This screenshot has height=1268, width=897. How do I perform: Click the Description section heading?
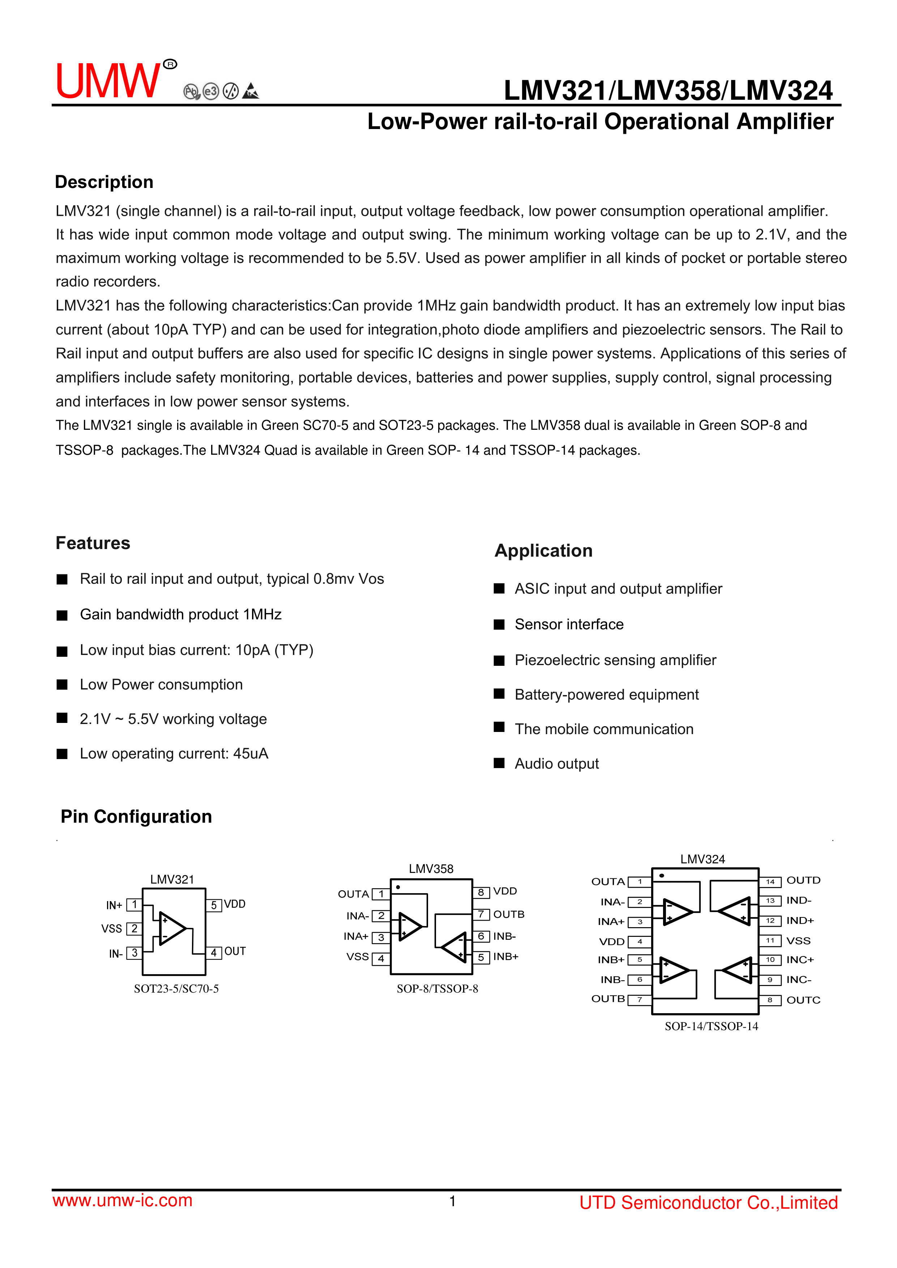click(x=104, y=182)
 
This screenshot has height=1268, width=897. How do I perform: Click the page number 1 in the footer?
click(x=452, y=1201)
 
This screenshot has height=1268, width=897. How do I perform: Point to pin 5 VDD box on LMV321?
click(x=214, y=905)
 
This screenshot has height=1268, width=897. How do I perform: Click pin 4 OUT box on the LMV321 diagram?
click(x=214, y=952)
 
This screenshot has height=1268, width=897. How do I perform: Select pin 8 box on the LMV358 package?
click(x=481, y=892)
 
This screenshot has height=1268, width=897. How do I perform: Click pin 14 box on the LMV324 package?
click(x=770, y=881)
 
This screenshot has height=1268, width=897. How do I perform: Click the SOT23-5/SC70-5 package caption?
click(x=176, y=989)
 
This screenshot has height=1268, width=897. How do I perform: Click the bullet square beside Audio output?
click(x=499, y=763)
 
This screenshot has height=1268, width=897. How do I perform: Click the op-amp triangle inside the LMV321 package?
click(x=172, y=928)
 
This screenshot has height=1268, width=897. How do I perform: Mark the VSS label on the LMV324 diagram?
click(x=798, y=941)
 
